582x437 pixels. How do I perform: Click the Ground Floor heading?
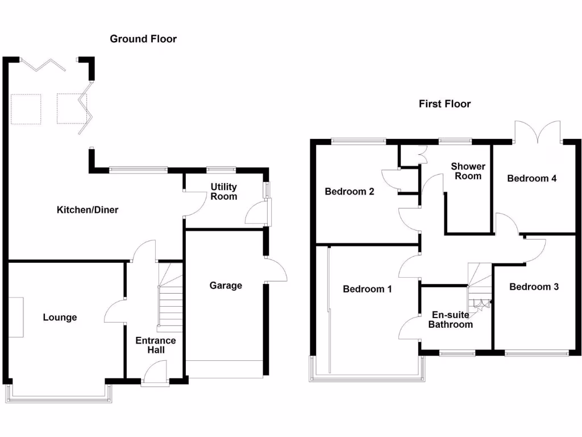pyautogui.click(x=143, y=39)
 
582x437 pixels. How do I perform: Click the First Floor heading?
pyautogui.click(x=445, y=104)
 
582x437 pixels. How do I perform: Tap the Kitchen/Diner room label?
pyautogui.click(x=88, y=210)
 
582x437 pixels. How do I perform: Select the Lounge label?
pyautogui.click(x=60, y=318)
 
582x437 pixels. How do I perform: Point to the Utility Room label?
pyautogui.click(x=224, y=191)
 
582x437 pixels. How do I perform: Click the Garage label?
pyautogui.click(x=226, y=285)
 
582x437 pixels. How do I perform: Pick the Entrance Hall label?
pyautogui.click(x=155, y=345)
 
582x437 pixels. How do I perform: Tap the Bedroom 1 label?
pyautogui.click(x=367, y=289)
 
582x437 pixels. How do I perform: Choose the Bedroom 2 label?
pyautogui.click(x=349, y=192)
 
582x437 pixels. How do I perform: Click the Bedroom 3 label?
pyautogui.click(x=534, y=287)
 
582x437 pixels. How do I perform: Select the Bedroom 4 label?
pyautogui.click(x=531, y=179)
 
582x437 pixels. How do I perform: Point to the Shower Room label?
pyautogui.click(x=468, y=171)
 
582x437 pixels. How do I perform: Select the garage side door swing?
pyautogui.click(x=276, y=270)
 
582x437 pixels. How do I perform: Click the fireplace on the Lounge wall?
pyautogui.click(x=16, y=317)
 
